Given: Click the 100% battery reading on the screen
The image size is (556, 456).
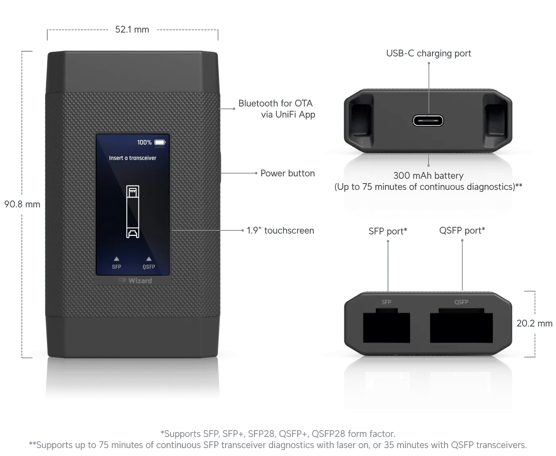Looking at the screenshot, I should click(x=144, y=142).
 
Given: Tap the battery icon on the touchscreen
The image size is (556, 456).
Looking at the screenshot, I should click(x=160, y=142).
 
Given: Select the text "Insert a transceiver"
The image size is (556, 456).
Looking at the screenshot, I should click(x=133, y=158).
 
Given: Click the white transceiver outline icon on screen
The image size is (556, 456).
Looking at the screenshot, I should click(x=133, y=211).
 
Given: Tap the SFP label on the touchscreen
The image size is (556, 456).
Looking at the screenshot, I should click(x=116, y=267).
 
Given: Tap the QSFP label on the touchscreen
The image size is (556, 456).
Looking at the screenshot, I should click(x=149, y=267).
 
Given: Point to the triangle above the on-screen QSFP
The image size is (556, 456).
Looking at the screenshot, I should click(x=149, y=259).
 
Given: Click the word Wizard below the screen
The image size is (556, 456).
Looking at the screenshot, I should click(x=140, y=280).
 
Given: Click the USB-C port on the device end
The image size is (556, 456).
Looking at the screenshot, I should click(x=428, y=120).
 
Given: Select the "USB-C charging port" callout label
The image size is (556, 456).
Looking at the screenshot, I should click(x=429, y=53).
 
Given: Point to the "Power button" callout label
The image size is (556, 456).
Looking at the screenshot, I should click(x=288, y=173).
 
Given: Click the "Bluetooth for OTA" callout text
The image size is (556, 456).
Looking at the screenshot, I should click(x=276, y=104).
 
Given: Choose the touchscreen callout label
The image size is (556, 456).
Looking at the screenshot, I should click(x=280, y=230).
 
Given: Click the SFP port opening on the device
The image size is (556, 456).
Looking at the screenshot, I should click(x=386, y=327).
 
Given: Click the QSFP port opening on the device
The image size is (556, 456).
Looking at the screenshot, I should click(x=461, y=327).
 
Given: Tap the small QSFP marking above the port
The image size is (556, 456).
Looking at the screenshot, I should click(x=461, y=302).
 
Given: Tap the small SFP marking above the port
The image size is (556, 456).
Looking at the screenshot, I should click(x=386, y=302).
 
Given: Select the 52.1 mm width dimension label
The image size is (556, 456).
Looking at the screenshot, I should click(x=132, y=30).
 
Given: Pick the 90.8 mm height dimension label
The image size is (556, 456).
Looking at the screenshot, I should click(x=22, y=205).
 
